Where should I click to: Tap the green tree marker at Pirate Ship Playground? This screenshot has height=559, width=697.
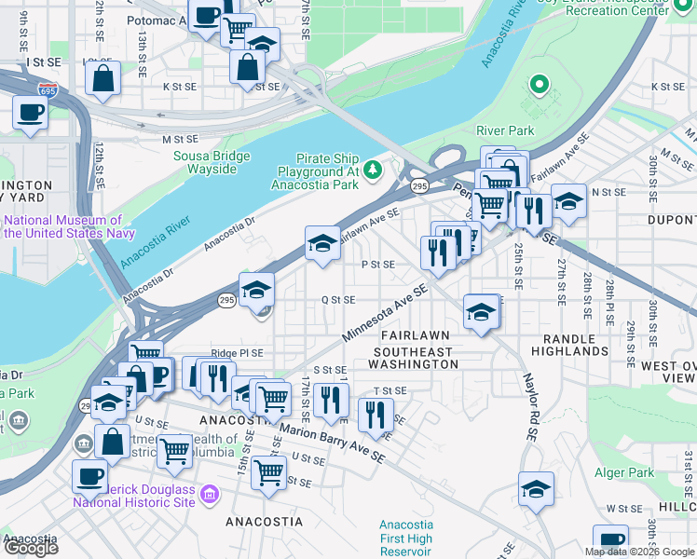click(373, 169)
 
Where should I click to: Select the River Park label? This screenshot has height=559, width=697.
click(505, 130)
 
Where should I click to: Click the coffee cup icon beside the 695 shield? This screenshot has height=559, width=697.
click(30, 113)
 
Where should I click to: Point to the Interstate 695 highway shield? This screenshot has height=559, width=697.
click(48, 90)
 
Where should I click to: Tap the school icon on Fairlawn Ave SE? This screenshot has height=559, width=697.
click(322, 244)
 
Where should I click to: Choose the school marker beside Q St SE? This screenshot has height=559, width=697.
click(256, 290)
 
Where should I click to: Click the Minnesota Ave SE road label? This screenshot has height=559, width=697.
click(384, 313)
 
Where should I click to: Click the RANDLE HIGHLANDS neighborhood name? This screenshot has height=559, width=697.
click(569, 344)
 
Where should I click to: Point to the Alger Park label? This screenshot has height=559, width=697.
click(624, 472)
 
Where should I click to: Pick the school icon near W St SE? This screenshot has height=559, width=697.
click(536, 488)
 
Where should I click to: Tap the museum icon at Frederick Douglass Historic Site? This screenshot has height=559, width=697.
click(208, 493)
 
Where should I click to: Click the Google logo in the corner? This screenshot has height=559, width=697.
click(31, 547)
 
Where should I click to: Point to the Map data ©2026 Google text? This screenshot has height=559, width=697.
click(640, 552)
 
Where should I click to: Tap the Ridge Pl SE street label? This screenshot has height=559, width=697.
click(237, 353)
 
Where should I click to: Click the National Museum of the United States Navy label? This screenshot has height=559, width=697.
click(70, 226)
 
